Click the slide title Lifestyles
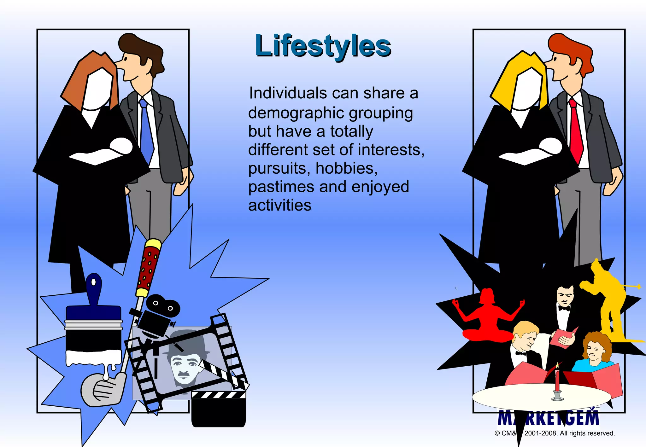[323, 46]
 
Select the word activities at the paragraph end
[280, 205]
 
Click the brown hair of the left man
[142, 47]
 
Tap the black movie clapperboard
[218, 410]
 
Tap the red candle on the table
[557, 380]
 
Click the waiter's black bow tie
[564, 308]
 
